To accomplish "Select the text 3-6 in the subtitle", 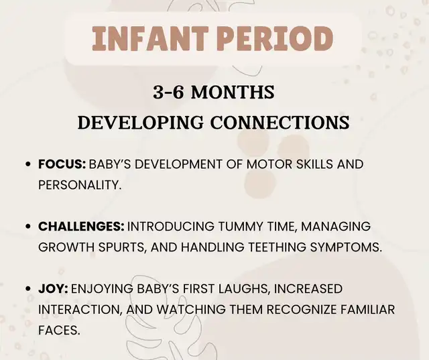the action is (x=168, y=93).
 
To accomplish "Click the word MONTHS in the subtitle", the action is (x=233, y=93).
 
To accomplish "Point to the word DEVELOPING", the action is (x=141, y=122).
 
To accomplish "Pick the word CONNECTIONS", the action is (x=280, y=122).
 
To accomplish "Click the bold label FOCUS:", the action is (x=62, y=164).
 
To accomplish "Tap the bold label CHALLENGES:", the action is (x=81, y=227).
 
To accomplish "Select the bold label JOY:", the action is (x=53, y=289).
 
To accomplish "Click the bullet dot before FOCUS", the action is (x=27, y=164).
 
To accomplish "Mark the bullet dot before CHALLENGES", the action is (x=27, y=227).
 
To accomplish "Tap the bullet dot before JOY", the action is (x=27, y=289).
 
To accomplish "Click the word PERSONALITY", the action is (x=79, y=185).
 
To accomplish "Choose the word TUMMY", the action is (x=241, y=227).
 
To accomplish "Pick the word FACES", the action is (x=59, y=331).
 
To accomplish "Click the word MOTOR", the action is (x=265, y=164).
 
